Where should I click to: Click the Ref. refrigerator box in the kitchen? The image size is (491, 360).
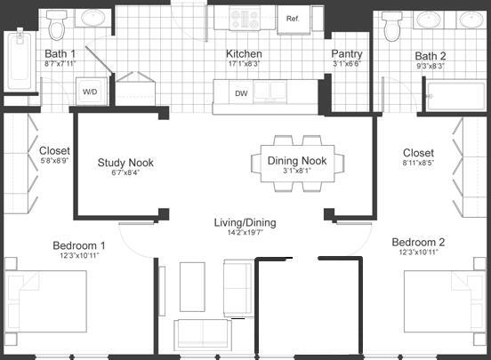[292, 19]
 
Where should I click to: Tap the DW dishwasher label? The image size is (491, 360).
[241, 92]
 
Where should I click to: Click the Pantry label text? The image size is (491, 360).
[347, 53]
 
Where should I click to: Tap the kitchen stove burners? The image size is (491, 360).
[245, 18]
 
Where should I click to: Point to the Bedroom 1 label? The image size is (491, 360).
[78, 246]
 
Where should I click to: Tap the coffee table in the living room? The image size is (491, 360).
[193, 286]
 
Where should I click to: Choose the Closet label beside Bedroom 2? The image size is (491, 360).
[418, 153]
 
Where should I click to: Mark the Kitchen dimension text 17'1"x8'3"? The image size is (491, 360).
[243, 64]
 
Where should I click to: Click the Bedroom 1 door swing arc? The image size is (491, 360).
[133, 236]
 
